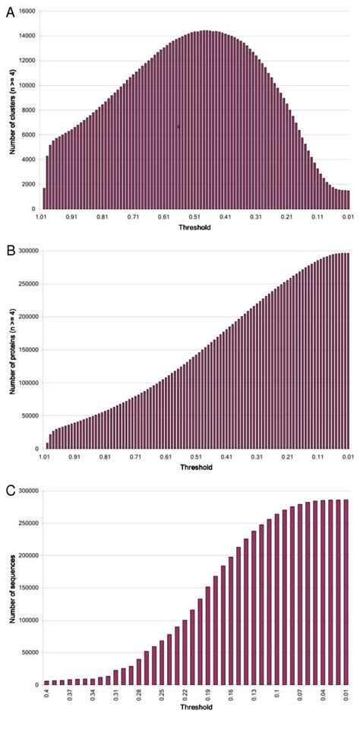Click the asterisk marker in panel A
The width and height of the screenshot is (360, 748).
point(178,127)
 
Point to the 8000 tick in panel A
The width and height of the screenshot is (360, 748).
point(29,110)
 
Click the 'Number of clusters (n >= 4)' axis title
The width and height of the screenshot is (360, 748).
point(13,110)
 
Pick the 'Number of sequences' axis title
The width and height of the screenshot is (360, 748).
point(13,588)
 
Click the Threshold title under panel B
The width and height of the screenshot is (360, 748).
point(195,468)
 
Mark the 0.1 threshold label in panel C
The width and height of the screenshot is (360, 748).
point(276,695)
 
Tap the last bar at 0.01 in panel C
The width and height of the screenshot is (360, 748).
point(345,602)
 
